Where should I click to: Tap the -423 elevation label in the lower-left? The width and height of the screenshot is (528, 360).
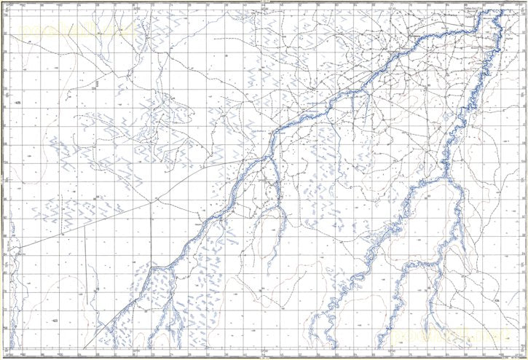click(x=54, y=320)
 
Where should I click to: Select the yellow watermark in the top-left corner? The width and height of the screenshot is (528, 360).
click(x=73, y=30)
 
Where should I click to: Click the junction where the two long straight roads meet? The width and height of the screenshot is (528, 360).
click(x=153, y=198)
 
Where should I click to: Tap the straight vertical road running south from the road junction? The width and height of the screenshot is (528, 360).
click(x=152, y=233)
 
